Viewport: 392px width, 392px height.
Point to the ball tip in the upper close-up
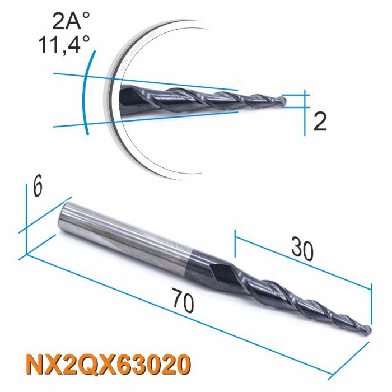click(x=284, y=101)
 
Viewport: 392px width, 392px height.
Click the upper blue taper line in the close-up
click(x=168, y=82)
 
